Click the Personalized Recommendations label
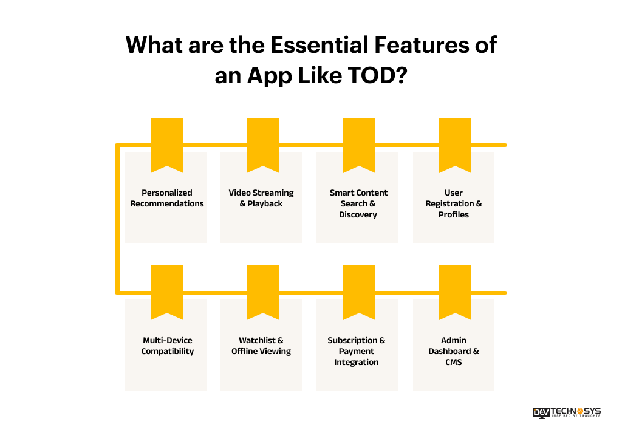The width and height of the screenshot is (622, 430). [x=167, y=198]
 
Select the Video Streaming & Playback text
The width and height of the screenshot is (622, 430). [x=261, y=198]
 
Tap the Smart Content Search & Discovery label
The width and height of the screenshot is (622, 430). [x=358, y=203]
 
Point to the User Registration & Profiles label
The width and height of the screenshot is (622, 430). [x=454, y=203]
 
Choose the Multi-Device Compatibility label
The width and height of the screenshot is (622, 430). [x=167, y=346]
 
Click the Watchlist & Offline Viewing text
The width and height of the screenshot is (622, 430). [x=261, y=346]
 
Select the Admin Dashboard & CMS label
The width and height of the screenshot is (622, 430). [x=454, y=351]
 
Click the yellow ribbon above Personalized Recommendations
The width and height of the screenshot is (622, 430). [x=167, y=143]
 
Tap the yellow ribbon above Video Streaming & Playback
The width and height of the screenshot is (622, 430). [x=263, y=143]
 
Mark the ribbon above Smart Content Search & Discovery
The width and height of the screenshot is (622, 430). [x=359, y=143]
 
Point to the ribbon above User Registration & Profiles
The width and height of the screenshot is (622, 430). [x=455, y=143]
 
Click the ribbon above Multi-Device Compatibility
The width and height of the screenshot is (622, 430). [x=167, y=291]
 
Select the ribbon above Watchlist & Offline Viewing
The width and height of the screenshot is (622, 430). [x=263, y=291]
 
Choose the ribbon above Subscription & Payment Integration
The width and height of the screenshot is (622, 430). [x=359, y=291]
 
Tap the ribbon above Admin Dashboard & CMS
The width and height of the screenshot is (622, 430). [x=455, y=291]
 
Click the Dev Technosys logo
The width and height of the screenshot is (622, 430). [x=566, y=412]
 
